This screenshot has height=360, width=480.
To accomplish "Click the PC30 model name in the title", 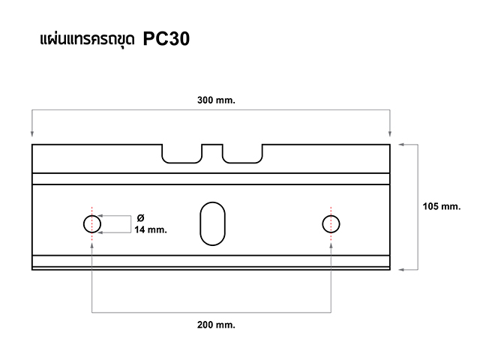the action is pyautogui.click(x=166, y=39).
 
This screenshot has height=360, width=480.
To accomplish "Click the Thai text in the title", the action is pyautogui.click(x=87, y=40).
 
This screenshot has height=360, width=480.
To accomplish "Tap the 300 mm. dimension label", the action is pyautogui.click(x=216, y=100).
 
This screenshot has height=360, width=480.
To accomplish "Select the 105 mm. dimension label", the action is pyautogui.click(x=442, y=206).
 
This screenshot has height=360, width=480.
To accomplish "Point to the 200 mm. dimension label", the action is pyautogui.click(x=216, y=325).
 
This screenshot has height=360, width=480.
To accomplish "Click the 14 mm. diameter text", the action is pyautogui.click(x=151, y=229).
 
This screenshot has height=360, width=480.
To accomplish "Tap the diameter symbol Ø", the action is pyautogui.click(x=140, y=218).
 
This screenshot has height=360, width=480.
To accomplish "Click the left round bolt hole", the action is pyautogui.click(x=83, y=224).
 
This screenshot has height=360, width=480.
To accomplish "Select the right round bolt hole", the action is pyautogui.click(x=322, y=224).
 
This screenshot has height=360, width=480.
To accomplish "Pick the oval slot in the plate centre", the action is pyautogui.click(x=200, y=223).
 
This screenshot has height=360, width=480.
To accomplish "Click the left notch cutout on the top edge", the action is pyautogui.click(x=181, y=163).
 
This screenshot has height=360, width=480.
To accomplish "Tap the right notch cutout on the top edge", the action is pyautogui.click(x=242, y=163).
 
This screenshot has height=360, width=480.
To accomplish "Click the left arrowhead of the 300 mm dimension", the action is pyautogui.click(x=32, y=133).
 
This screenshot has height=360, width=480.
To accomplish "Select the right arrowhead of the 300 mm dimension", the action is pyautogui.click(x=390, y=133).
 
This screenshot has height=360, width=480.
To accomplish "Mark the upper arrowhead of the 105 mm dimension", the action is pyautogui.click(x=401, y=145).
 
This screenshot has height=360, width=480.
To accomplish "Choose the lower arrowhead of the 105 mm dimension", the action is pyautogui.click(x=401, y=270).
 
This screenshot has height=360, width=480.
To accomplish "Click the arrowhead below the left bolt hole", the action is pyautogui.click(x=91, y=245).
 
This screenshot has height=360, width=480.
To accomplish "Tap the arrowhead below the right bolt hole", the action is pyautogui.click(x=331, y=245).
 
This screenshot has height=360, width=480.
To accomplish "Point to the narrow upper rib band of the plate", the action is pyautogui.click(x=211, y=178).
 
